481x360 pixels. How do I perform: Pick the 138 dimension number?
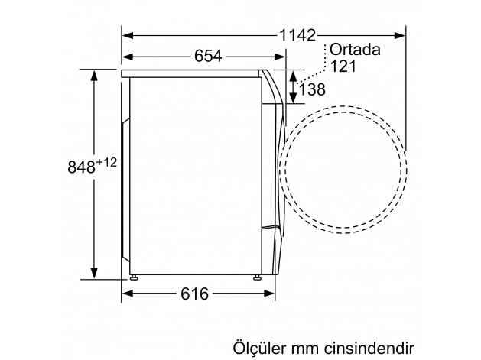click(x=312, y=89)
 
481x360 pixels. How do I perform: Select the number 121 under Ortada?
click(x=343, y=67)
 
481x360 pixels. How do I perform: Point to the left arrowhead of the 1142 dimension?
click(x=128, y=35)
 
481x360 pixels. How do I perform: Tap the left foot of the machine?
click(x=135, y=279)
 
